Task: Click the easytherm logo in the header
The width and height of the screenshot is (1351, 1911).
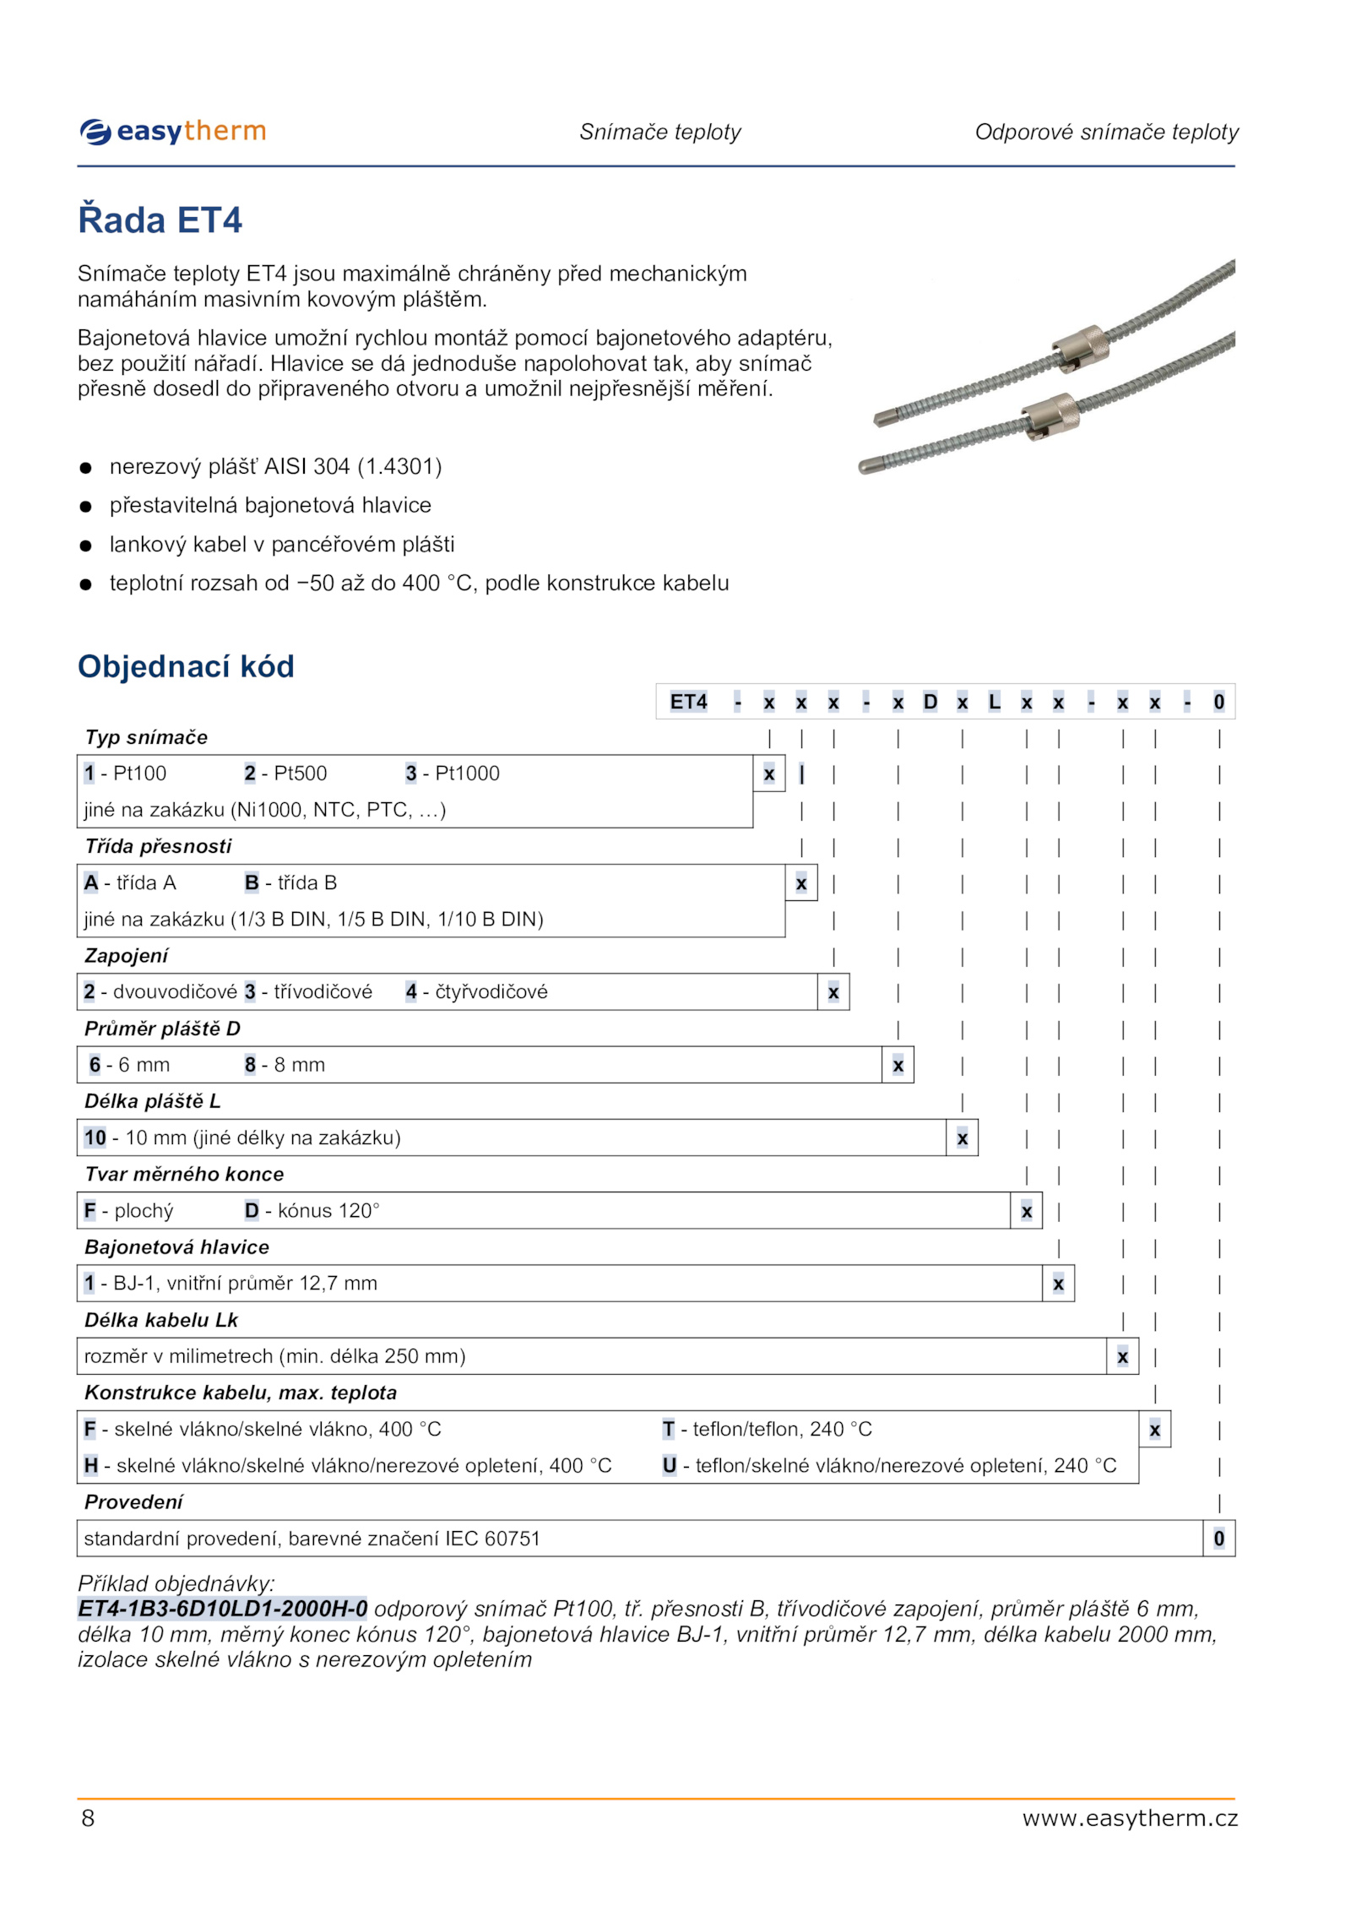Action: (x=173, y=132)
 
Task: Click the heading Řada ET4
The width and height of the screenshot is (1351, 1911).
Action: (x=160, y=220)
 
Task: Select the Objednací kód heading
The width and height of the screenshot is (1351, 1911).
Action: (x=186, y=666)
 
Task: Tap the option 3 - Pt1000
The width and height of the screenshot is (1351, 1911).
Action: (x=452, y=774)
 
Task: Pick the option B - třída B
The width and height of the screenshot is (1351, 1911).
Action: (x=290, y=882)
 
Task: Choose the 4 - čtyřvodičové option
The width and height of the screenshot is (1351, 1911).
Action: (x=476, y=991)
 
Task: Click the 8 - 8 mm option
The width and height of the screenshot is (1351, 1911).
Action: (x=285, y=1065)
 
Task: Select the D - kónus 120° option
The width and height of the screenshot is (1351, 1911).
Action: (x=312, y=1211)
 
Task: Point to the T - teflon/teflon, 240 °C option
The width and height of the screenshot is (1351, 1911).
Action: (x=767, y=1429)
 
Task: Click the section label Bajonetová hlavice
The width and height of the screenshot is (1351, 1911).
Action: (x=176, y=1247)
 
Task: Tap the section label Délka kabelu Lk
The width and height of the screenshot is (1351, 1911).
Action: (x=161, y=1320)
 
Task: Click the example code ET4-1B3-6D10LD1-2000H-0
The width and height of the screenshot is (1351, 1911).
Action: (x=223, y=1609)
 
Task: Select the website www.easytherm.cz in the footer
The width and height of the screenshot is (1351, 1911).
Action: (x=1129, y=1818)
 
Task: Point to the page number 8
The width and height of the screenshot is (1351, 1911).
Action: (x=88, y=1818)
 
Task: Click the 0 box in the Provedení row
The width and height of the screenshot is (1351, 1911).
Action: (x=1218, y=1539)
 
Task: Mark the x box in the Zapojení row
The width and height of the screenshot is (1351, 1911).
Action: (x=833, y=992)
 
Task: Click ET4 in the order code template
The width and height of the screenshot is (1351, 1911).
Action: (x=688, y=702)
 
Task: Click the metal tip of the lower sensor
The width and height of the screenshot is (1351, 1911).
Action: (x=871, y=465)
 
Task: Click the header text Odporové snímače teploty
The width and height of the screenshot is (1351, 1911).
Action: (x=1106, y=132)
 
